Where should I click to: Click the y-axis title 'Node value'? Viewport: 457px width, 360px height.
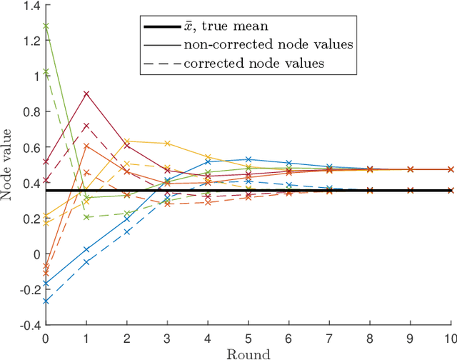[9, 164]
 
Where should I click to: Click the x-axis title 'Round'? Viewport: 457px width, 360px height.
[248, 353]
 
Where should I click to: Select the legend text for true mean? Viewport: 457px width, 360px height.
[223, 26]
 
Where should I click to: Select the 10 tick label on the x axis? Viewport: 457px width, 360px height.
[450, 338]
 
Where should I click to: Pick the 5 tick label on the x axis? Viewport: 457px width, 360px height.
[248, 338]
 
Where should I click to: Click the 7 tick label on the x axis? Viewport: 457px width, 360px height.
[329, 338]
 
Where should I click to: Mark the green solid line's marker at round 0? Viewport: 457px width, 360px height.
[46, 26]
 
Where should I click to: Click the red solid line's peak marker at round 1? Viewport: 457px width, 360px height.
[86, 94]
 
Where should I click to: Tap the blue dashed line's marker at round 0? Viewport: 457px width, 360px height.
[46, 301]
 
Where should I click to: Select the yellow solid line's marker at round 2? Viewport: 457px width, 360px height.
[127, 141]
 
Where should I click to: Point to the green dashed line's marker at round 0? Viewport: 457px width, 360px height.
[46, 72]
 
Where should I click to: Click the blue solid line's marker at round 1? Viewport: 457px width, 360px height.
[86, 249]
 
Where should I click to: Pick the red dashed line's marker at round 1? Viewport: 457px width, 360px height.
[86, 126]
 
